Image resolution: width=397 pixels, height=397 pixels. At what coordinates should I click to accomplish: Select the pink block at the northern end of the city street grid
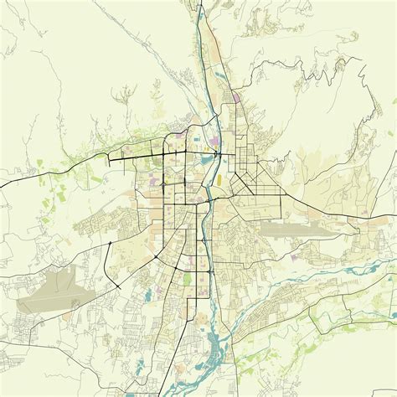tap(238, 98)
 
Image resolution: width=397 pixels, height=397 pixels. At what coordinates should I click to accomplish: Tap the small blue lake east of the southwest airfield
tap(147, 293)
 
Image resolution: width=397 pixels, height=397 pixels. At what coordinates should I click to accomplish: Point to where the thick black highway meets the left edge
tap(3, 184)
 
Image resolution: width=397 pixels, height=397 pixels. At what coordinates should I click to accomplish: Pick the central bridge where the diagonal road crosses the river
tap(209, 200)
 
